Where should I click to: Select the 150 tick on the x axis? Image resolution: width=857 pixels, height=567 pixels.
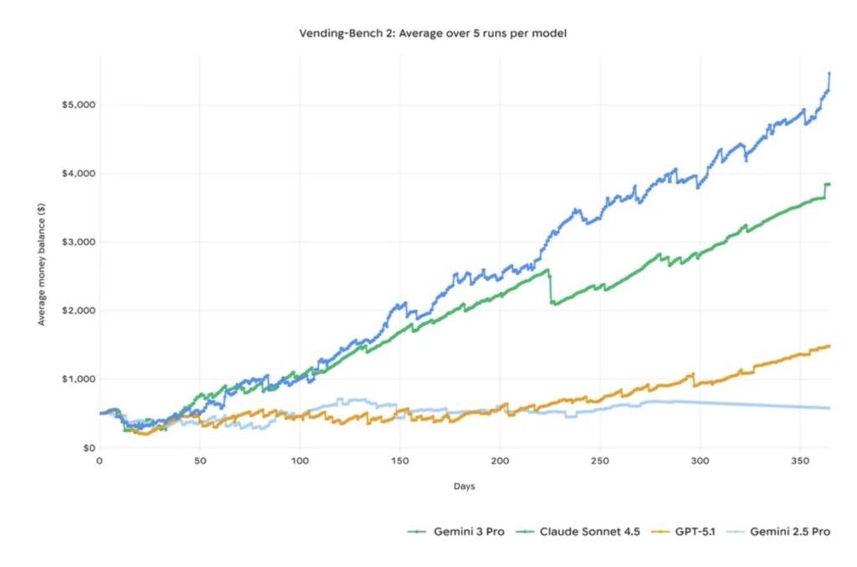pos(400,461)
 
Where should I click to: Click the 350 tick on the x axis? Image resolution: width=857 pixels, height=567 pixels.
pos(800,461)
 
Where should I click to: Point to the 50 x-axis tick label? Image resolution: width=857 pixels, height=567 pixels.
pos(199,461)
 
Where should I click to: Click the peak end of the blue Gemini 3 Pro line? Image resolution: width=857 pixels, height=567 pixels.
pos(829,74)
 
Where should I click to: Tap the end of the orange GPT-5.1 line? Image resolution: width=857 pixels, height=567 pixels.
pos(829,345)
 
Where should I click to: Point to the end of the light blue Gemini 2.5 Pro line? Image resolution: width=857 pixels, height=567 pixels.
pos(829,408)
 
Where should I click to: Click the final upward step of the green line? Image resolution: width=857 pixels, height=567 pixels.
pos(825,190)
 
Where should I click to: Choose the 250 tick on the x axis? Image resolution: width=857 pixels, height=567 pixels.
pos(600,461)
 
